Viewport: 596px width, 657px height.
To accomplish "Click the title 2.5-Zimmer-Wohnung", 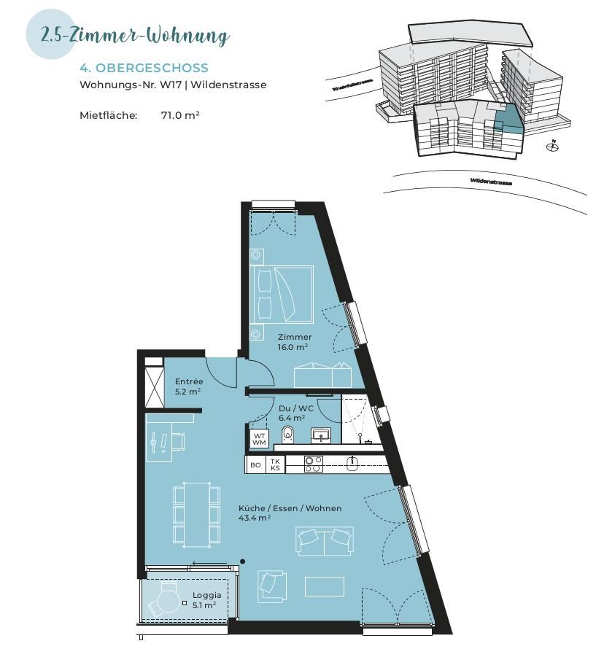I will tap(136, 35).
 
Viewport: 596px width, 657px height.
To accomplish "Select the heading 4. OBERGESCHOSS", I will tap(144, 68).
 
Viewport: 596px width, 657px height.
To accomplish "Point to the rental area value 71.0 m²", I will tap(180, 115).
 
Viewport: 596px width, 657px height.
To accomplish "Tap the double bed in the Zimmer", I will tap(282, 293).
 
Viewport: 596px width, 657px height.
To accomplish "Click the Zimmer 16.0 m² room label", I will tap(294, 342).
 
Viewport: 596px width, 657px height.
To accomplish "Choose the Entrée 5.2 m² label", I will tap(189, 386).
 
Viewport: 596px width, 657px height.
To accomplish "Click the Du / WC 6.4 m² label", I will tap(295, 413).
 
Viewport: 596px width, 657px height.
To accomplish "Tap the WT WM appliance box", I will tap(259, 439).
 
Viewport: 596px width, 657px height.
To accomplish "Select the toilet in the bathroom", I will tap(287, 435).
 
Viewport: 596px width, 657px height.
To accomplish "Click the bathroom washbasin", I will tap(320, 435).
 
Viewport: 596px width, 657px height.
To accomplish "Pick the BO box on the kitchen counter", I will tap(255, 464).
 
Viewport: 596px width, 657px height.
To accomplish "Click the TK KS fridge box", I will tap(275, 464).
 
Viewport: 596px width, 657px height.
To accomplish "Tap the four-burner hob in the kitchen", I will tap(313, 464).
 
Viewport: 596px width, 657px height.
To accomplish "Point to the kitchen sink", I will tap(352, 462).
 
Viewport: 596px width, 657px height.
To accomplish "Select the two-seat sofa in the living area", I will tap(325, 540).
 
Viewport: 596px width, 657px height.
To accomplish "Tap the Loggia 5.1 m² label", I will tap(206, 600).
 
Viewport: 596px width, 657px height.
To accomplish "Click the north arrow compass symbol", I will tap(552, 147).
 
